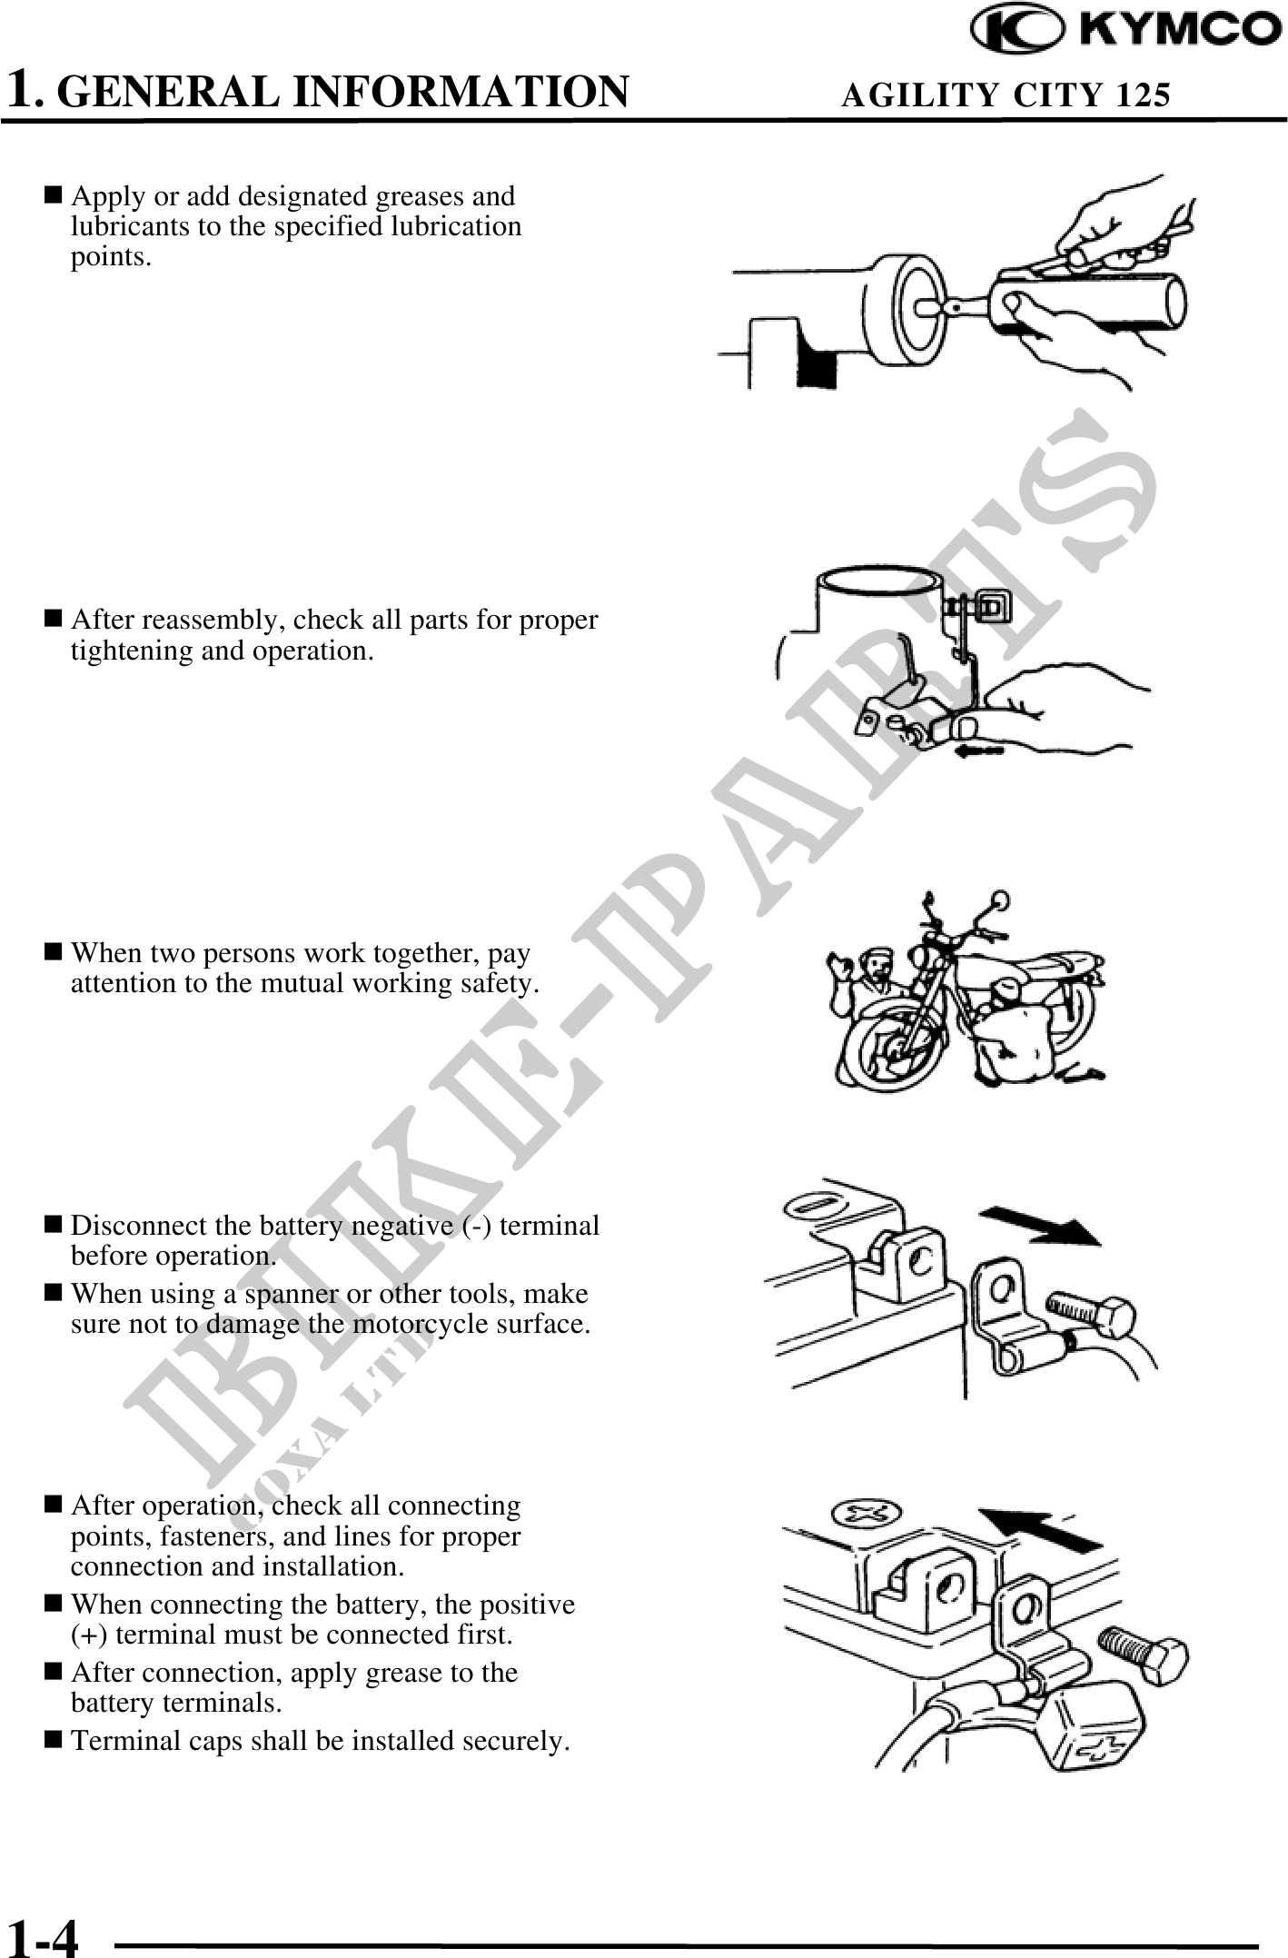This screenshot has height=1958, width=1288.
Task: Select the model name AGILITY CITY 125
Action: click(1006, 94)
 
